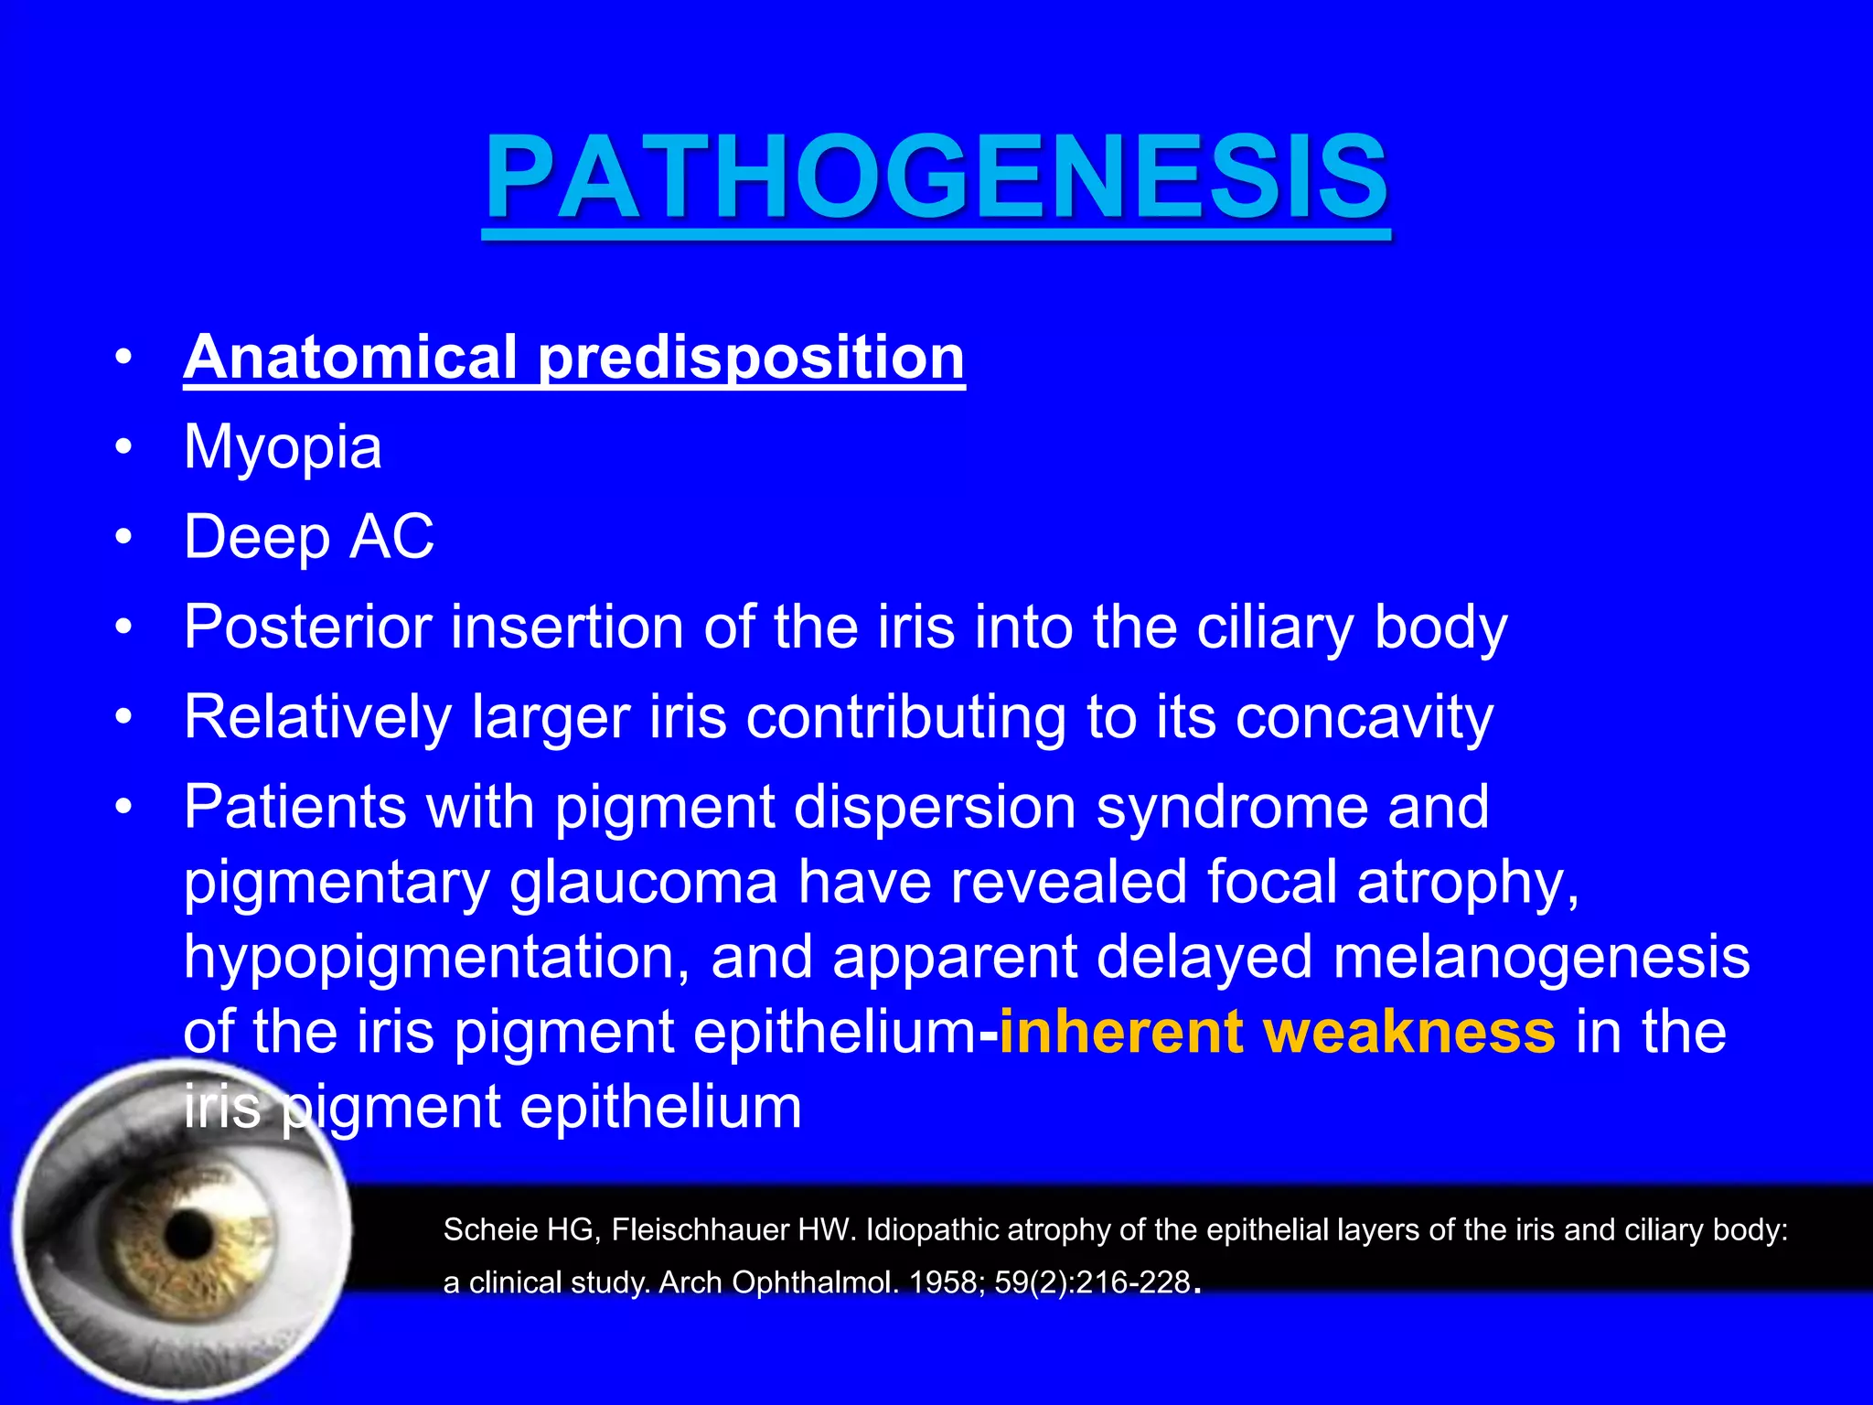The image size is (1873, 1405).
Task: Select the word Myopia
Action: tap(283, 447)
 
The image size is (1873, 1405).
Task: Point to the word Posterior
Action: tap(307, 627)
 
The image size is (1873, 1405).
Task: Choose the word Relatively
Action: tap(317, 716)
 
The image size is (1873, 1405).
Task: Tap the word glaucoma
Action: tap(643, 882)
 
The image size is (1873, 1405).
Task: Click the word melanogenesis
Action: tap(1541, 957)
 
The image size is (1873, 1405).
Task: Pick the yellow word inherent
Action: tap(1120, 1032)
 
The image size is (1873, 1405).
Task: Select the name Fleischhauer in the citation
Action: tap(701, 1229)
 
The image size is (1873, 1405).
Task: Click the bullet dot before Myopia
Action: tap(124, 447)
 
